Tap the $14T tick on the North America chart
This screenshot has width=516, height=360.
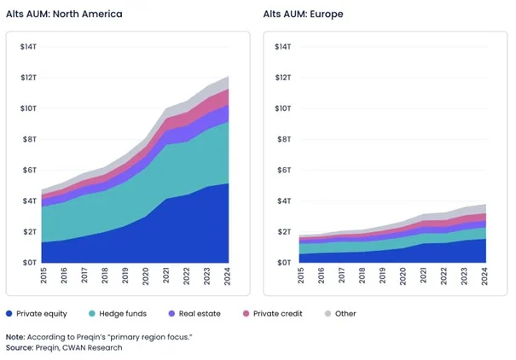point(28,47)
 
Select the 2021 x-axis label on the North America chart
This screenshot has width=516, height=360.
point(167,278)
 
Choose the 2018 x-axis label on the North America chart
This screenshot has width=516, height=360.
point(106,278)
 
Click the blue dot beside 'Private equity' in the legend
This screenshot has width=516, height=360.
point(9,313)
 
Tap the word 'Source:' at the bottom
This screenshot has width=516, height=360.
point(21,347)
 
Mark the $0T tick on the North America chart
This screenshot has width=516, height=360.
point(28,263)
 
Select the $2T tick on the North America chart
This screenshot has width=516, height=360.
point(28,232)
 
